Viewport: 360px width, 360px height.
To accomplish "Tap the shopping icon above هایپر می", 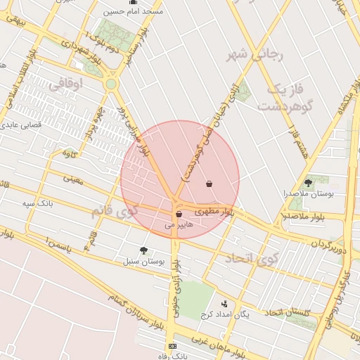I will (x=179, y=214).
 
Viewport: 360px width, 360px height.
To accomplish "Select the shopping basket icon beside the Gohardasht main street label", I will (x=209, y=184).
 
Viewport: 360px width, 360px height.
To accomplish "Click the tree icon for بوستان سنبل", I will (x=143, y=250).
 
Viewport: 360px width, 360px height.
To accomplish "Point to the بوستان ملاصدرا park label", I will (x=305, y=193).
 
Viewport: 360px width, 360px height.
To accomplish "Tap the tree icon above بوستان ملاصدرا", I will (x=308, y=182).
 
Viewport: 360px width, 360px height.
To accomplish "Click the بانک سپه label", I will (x=37, y=204).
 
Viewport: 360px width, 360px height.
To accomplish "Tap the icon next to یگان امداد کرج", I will (x=224, y=304).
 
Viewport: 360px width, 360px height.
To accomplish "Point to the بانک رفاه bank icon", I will (x=173, y=346).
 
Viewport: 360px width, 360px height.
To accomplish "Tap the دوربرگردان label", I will (x=328, y=243).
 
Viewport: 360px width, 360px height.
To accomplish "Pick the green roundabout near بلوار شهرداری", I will (x=110, y=84).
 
